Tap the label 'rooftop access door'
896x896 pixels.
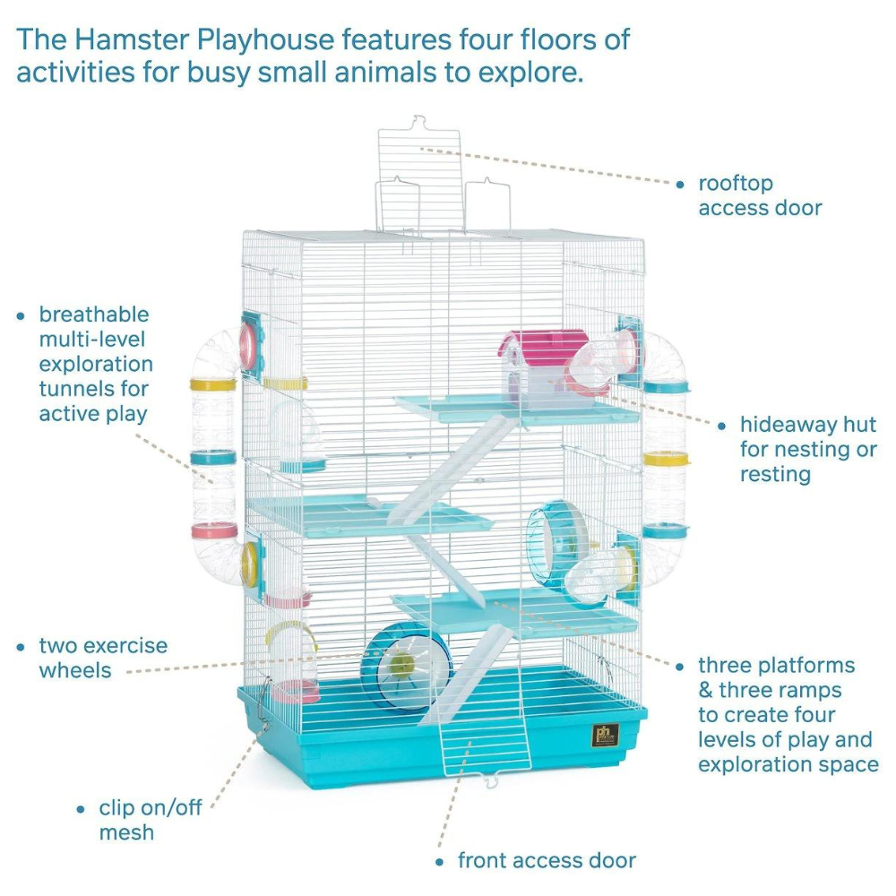(x=760, y=195)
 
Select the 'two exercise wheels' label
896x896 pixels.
(x=103, y=658)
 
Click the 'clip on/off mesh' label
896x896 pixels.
(x=150, y=820)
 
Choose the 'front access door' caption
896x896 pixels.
(x=547, y=861)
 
